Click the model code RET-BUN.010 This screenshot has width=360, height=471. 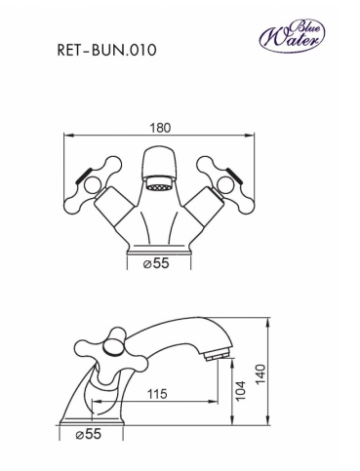[106, 51]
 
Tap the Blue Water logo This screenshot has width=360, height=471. [292, 36]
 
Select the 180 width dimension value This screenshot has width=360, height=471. [160, 128]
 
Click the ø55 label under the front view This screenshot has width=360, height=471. [156, 263]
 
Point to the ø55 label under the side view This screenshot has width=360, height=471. [89, 434]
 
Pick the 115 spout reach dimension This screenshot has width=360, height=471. [157, 394]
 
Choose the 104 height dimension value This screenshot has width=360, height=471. [240, 391]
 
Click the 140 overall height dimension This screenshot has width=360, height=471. [260, 374]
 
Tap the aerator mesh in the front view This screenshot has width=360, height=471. [159, 187]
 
